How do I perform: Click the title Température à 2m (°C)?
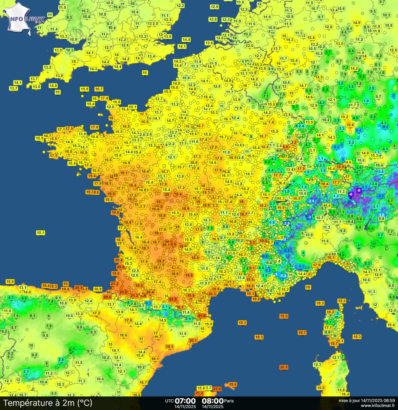pyautogui.click(x=48, y=402)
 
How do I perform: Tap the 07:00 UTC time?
pyautogui.click(x=185, y=401)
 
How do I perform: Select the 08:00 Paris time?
pyautogui.click(x=213, y=401)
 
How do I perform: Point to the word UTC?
pyautogui.click(x=169, y=401)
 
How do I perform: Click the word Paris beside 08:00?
pyautogui.click(x=229, y=401)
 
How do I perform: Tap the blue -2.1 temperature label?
pyautogui.click(x=311, y=201)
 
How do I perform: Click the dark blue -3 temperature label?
pyautogui.click(x=309, y=217)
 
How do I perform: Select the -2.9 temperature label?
pyautogui.click(x=286, y=223)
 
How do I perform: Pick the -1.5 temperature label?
pyautogui.click(x=381, y=215)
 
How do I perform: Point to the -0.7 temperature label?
pyautogui.click(x=380, y=196)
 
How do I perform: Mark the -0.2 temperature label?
pyautogui.click(x=336, y=147)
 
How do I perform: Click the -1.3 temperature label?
pyautogui.click(x=283, y=275)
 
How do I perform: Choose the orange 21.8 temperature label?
pyautogui.click(x=123, y=292)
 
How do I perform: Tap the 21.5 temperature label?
pyautogui.click(x=173, y=299)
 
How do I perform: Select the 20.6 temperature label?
pyautogui.click(x=107, y=297)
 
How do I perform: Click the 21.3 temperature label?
pyautogui.click(x=134, y=295)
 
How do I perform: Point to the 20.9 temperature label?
pyautogui.click(x=120, y=267)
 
